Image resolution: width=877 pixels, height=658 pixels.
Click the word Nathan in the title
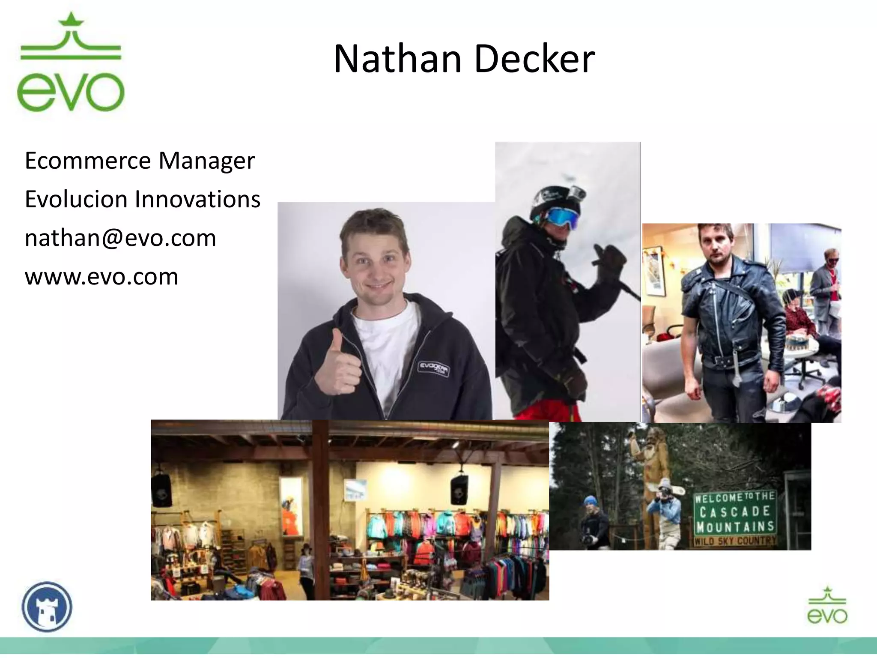pos(397,59)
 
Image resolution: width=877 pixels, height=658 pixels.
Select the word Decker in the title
pos(534,59)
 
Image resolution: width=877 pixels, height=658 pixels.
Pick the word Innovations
pos(197,199)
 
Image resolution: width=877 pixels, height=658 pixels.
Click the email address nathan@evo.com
pos(120,238)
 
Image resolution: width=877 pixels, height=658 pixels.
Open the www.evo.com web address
pos(101,276)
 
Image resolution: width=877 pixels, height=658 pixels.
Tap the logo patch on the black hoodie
pos(434,368)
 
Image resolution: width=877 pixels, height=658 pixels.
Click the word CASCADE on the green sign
pos(734,511)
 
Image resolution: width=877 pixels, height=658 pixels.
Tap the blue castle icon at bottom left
pos(47,607)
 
